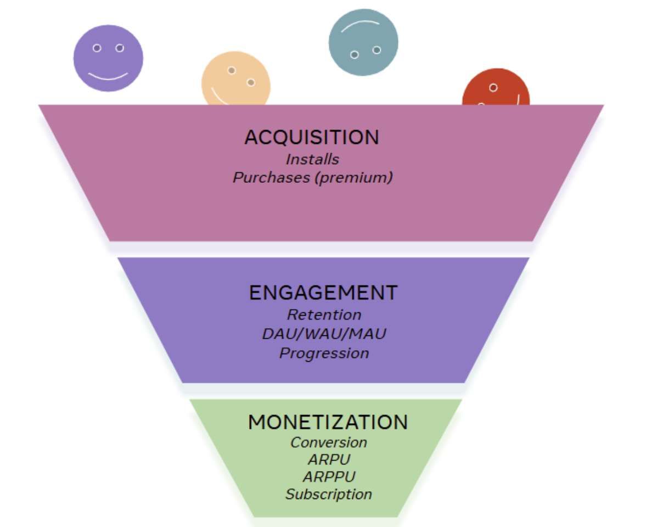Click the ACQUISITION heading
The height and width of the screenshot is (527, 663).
click(x=311, y=137)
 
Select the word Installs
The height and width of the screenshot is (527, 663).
click(x=312, y=159)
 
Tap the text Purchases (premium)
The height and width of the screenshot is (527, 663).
click(x=312, y=178)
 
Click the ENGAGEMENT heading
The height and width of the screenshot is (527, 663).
click(x=323, y=293)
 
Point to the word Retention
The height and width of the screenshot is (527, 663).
click(x=324, y=315)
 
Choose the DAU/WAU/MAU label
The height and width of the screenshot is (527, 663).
click(x=324, y=334)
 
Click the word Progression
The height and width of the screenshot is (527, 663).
click(x=324, y=353)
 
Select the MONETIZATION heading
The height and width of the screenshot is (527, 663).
click(x=328, y=422)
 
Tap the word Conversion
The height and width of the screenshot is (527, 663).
click(x=328, y=442)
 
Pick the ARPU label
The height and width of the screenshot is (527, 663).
click(x=328, y=459)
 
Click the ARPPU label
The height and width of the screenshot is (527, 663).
click(x=328, y=476)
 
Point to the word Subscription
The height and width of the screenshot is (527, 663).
click(x=328, y=494)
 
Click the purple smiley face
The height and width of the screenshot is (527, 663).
click(x=108, y=58)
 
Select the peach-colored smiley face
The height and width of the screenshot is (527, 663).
click(x=236, y=80)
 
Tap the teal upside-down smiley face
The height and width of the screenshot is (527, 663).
click(x=363, y=42)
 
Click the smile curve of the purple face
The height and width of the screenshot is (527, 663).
click(x=108, y=76)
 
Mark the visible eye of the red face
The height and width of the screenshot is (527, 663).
click(x=493, y=88)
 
